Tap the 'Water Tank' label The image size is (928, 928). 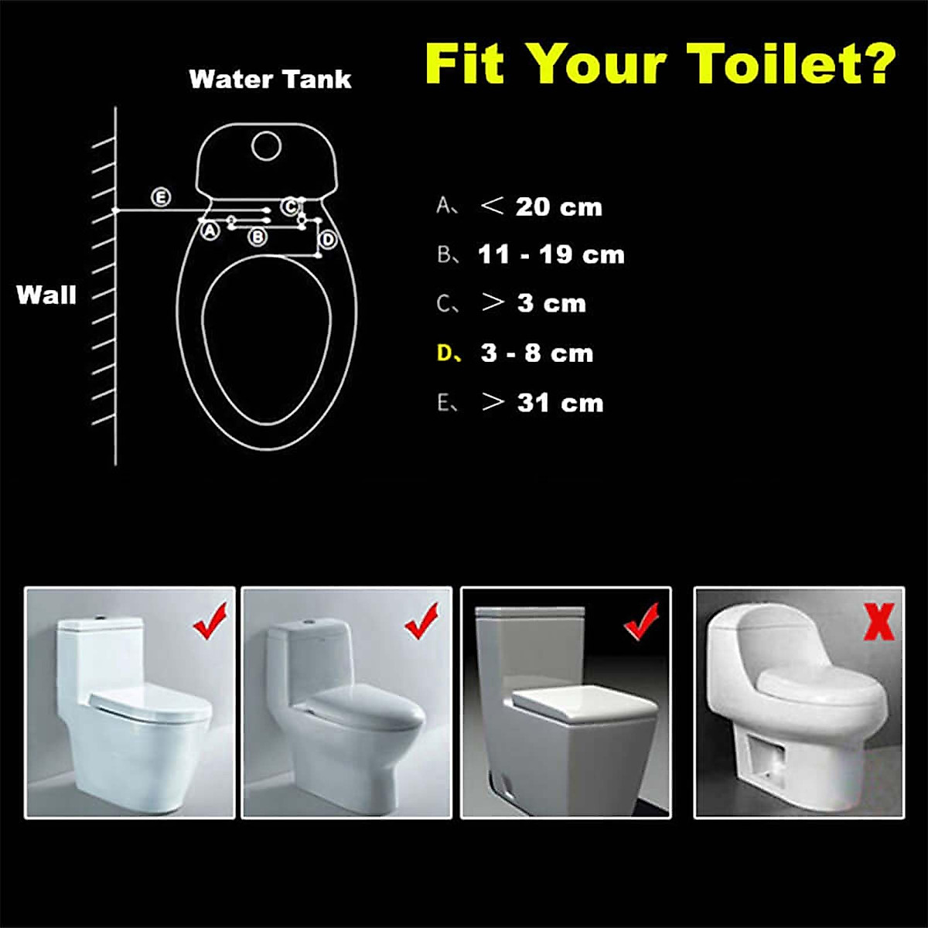coord(270,79)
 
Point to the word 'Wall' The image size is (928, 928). coord(46,295)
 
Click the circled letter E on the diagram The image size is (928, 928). coord(160,197)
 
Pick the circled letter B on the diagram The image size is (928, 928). coord(258,236)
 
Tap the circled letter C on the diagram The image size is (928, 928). coord(289,206)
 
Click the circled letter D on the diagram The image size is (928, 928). coord(328,240)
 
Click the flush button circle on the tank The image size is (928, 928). coord(266,145)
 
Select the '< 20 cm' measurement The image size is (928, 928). coord(541,206)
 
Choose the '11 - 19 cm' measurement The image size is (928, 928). coord(551,254)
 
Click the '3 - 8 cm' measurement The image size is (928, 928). coord(537,353)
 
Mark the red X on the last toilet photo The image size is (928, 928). coord(879,622)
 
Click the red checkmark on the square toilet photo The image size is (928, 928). coord(642,622)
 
